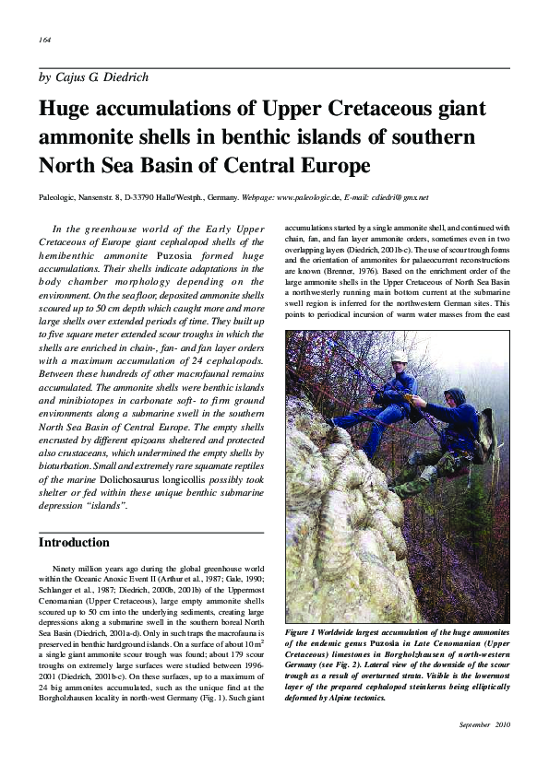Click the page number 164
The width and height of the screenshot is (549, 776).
pyautogui.click(x=44, y=41)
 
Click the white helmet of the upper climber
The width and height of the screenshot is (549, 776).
pyautogui.click(x=399, y=356)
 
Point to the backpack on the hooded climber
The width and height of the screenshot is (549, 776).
pyautogui.click(x=484, y=435)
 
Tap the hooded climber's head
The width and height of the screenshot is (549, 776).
pyautogui.click(x=453, y=397)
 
